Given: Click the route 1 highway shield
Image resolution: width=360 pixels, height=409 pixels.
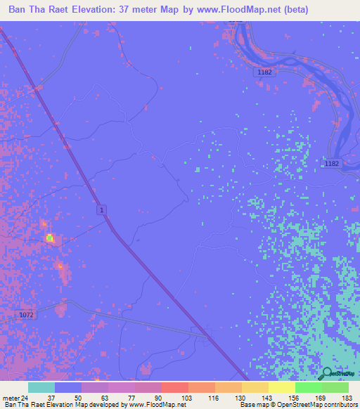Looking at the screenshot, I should pyautogui.click(x=103, y=210).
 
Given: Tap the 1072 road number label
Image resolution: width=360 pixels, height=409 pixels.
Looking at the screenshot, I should pyautogui.click(x=25, y=316).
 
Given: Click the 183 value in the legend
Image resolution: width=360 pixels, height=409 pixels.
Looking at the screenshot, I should pyautogui.click(x=347, y=398).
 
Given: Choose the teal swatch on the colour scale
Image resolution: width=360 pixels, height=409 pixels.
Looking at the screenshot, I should pyautogui.click(x=41, y=387).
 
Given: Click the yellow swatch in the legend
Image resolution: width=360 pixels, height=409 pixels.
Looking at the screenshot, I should pyautogui.click(x=282, y=387).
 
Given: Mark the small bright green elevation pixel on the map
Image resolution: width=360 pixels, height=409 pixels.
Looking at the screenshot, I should pyautogui.click(x=49, y=238).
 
